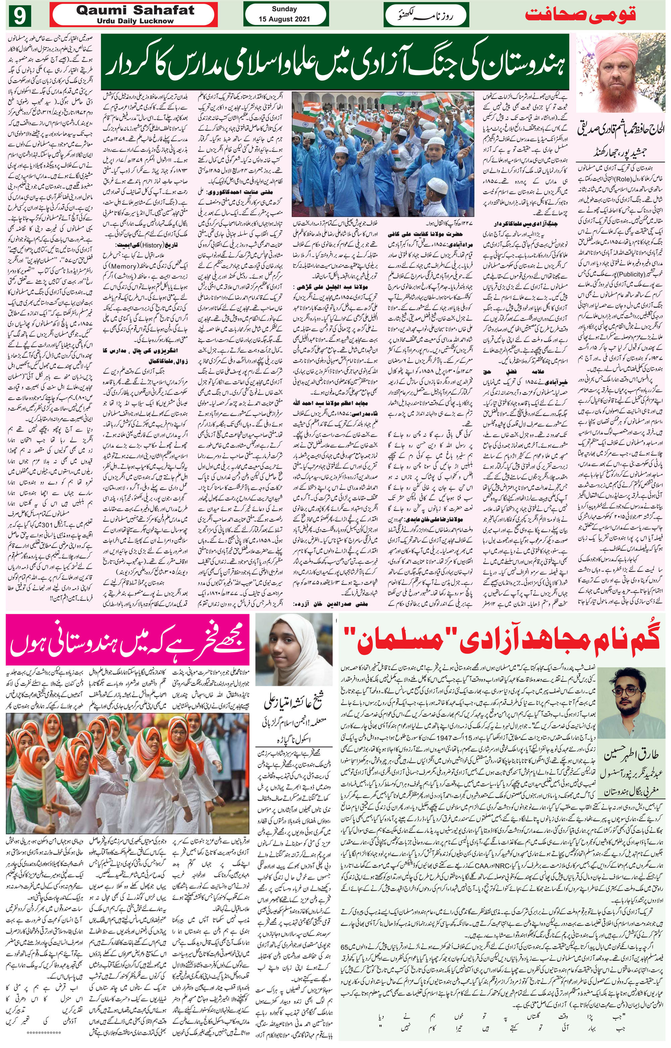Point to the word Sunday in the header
[284, 9]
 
